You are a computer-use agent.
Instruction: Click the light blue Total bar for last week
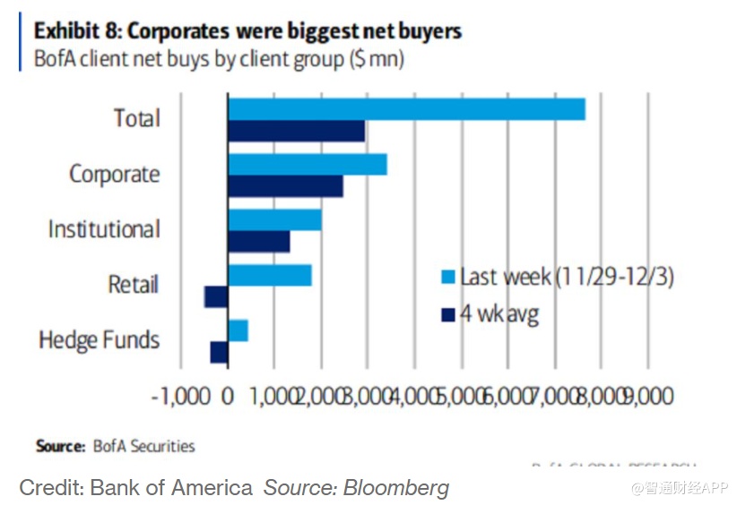pos(406,109)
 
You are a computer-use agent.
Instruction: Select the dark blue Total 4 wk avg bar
pos(296,131)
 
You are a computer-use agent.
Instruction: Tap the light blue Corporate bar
pos(308,165)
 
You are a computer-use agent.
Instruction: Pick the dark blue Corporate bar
pos(285,186)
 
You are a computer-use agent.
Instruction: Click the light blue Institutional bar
pos(274,220)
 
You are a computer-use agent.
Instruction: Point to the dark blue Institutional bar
pos(259,242)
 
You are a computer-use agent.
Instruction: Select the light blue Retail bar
pos(270,275)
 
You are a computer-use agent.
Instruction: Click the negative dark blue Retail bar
pos(216,296)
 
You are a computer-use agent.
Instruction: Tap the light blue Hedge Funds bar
pos(238,330)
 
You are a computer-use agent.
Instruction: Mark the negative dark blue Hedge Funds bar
pos(219,352)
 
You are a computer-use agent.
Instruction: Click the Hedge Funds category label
pos(100,341)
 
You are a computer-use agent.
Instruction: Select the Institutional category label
pos(104,230)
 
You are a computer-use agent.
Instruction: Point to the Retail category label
pos(133,286)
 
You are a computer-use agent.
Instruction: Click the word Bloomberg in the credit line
pos(400,488)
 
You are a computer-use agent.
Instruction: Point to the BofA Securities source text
pos(142,445)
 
